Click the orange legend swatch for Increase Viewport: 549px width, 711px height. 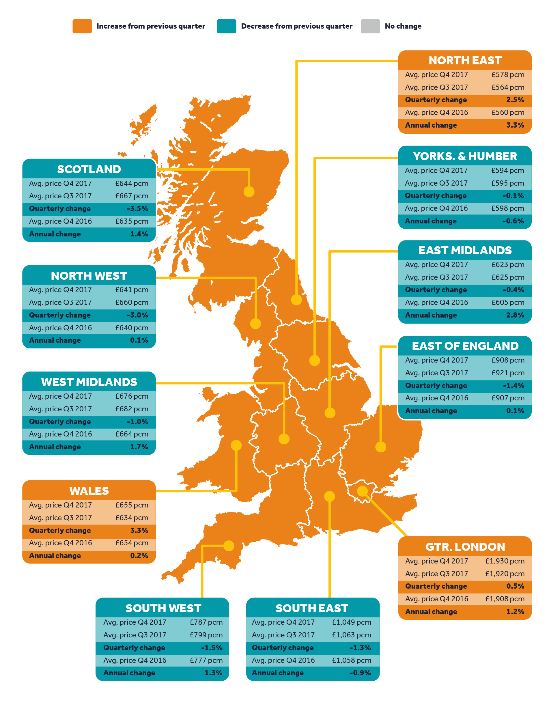coord(82,26)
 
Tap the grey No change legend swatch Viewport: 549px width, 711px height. coord(370,26)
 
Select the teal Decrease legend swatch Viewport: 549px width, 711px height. coord(227,26)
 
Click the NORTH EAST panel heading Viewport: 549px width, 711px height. coord(465,61)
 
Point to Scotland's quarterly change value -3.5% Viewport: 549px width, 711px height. coord(137,208)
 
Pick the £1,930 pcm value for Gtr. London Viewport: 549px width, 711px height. coord(505,561)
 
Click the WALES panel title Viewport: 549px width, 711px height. coord(89,491)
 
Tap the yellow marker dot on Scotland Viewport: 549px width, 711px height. coord(249,191)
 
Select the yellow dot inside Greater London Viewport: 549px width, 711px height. coord(362,491)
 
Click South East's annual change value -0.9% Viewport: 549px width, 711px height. coord(360,673)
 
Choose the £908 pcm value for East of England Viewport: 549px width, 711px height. coord(508,360)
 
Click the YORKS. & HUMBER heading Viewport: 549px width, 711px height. coord(465,156)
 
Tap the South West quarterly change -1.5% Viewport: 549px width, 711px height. coord(212,647)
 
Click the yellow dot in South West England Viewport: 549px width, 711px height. coord(229,546)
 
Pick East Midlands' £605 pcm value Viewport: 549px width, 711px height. coord(508,303)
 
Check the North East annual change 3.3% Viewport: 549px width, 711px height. coord(515,125)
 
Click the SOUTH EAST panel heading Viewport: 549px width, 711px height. coord(312,608)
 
